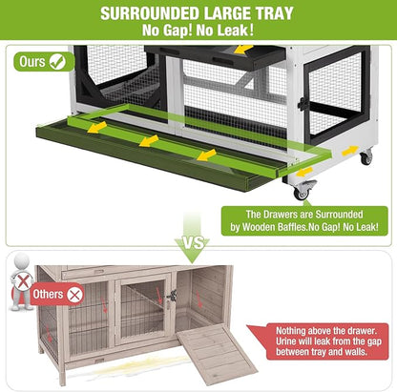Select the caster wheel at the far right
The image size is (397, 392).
point(366,157)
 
